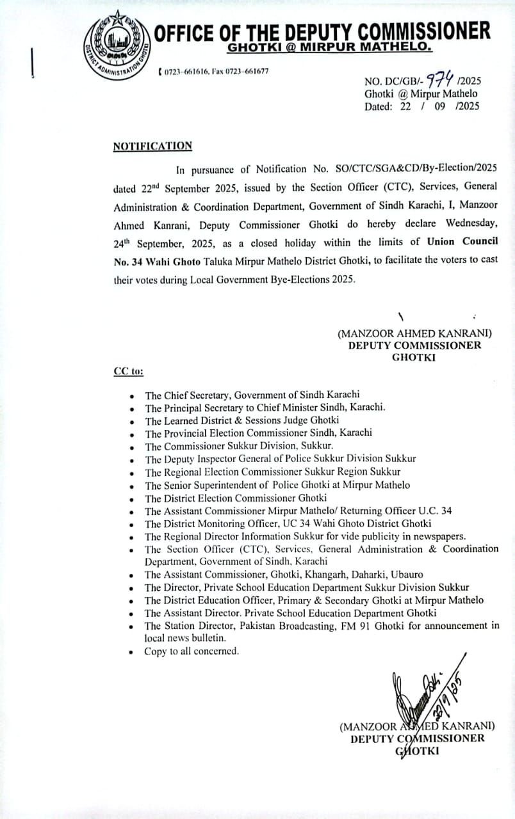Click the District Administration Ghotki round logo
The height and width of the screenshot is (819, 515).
coord(114,45)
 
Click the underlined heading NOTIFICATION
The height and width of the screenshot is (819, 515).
coord(152,146)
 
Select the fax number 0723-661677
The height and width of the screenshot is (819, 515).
coord(249,71)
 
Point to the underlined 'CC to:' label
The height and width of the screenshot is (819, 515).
coord(128,371)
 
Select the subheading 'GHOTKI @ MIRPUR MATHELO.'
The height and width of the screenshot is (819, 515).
coord(329,48)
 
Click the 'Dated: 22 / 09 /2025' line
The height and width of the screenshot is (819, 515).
coord(421,107)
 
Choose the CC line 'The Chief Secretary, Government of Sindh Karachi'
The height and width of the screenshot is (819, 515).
coord(252,395)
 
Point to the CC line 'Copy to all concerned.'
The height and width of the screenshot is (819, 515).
coord(192,651)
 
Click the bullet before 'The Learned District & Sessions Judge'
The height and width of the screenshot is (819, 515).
coord(131,422)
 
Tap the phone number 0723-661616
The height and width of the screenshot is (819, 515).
coord(187,71)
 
